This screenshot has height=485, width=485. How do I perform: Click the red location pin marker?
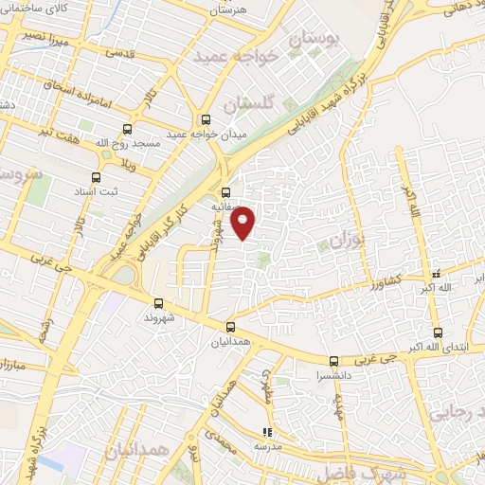tap(244, 223)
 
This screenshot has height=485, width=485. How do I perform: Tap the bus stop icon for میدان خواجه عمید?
tap(206, 119)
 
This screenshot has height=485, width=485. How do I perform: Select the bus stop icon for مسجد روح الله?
tap(130, 128)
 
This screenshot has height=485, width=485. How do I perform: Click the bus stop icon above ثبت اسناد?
tap(96, 177)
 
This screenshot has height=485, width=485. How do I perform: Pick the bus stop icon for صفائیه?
tap(225, 189)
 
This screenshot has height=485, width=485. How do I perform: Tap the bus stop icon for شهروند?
tap(158, 303)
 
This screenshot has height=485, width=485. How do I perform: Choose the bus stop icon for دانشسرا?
tap(332, 361)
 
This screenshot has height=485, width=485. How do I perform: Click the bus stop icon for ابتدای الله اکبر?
tap(437, 332)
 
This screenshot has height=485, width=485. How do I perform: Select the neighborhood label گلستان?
tap(253, 102)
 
